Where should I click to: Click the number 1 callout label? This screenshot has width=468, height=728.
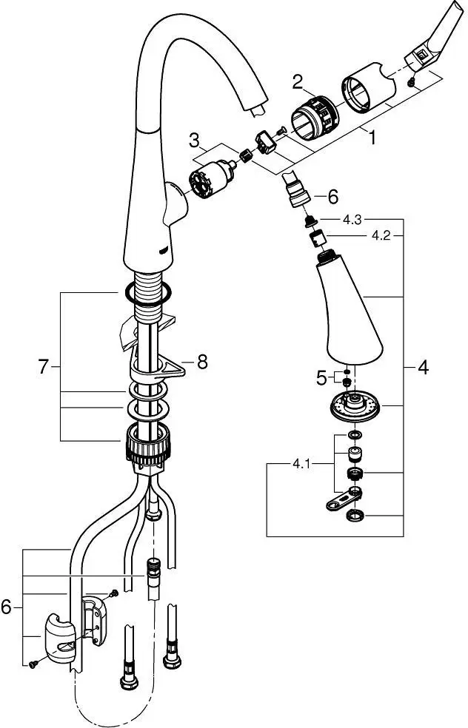coord(372,138)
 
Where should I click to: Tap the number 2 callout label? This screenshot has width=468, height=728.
coord(298,83)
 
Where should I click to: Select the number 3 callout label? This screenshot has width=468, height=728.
coord(194,139)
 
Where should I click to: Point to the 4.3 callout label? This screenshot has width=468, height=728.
coord(352,219)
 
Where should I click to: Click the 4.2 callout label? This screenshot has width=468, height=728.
coord(381,236)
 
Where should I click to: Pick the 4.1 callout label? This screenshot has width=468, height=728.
coord(301,464)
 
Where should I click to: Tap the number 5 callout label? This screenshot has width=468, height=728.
coord(321,378)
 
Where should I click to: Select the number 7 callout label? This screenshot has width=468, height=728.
coord(43,367)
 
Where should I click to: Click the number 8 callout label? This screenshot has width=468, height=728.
coord(202,362)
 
